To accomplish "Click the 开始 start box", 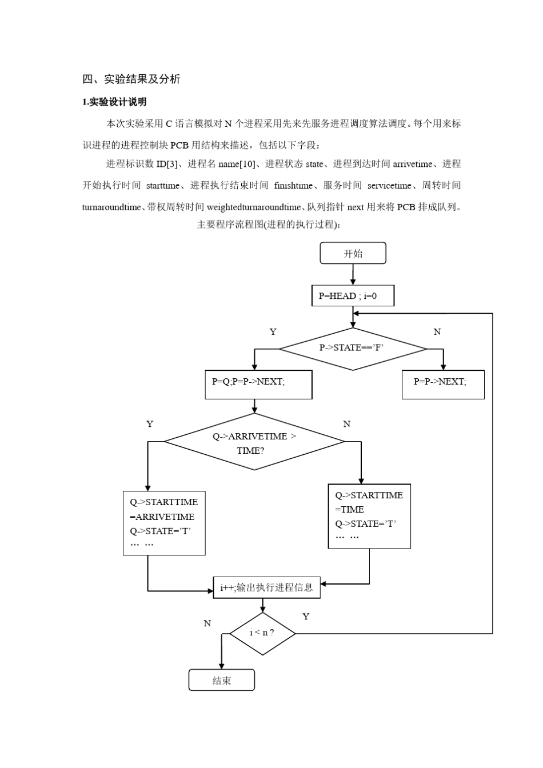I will point(353,253).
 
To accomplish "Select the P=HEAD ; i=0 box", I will point(353,296).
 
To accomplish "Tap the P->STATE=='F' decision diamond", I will point(352,348).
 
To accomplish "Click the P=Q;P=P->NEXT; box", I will point(258,384).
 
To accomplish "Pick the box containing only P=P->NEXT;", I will point(442,384).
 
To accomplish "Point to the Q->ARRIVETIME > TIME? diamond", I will point(254,442).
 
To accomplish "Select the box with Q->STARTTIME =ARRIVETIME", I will point(164,522).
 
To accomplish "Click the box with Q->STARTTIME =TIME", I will point(369,516).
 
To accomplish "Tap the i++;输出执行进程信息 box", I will point(266,587).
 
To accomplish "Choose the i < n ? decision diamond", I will point(262,633).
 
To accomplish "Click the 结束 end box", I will point(221,680).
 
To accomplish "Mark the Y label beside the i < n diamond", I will point(306,617).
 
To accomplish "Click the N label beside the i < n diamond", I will point(207,623).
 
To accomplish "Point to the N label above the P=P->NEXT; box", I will point(437,332).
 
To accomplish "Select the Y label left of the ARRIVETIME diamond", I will point(150,424).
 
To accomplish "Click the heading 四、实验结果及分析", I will point(131,79).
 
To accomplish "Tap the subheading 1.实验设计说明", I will point(114,102).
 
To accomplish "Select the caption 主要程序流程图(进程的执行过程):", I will point(269,225).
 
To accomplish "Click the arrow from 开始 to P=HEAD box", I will point(353,274).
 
